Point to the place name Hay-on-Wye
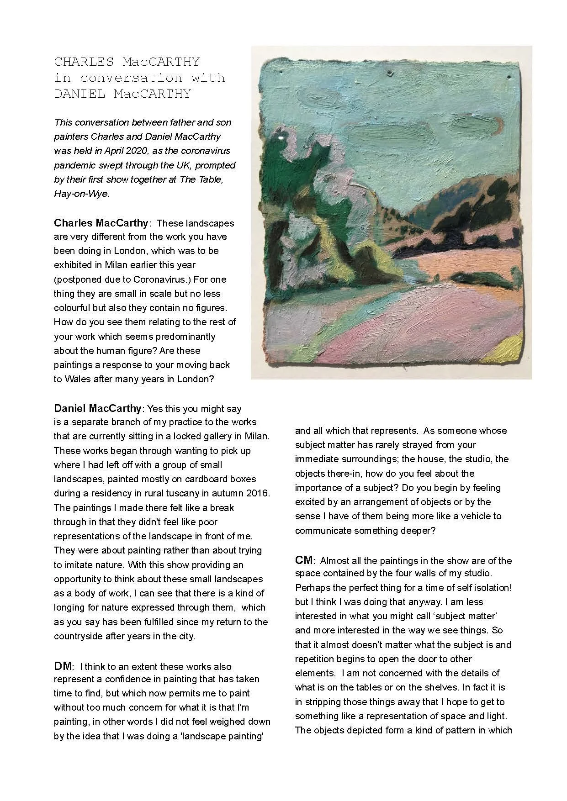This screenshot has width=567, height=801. [x=81, y=193]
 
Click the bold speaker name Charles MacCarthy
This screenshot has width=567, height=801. [x=101, y=223]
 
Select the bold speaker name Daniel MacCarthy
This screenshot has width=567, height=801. [x=98, y=408]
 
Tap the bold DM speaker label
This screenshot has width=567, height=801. [x=63, y=666]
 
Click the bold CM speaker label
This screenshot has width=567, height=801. [x=304, y=560]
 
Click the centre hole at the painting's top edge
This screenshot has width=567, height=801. [x=390, y=73]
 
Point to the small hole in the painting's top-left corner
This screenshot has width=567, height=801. [x=280, y=72]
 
